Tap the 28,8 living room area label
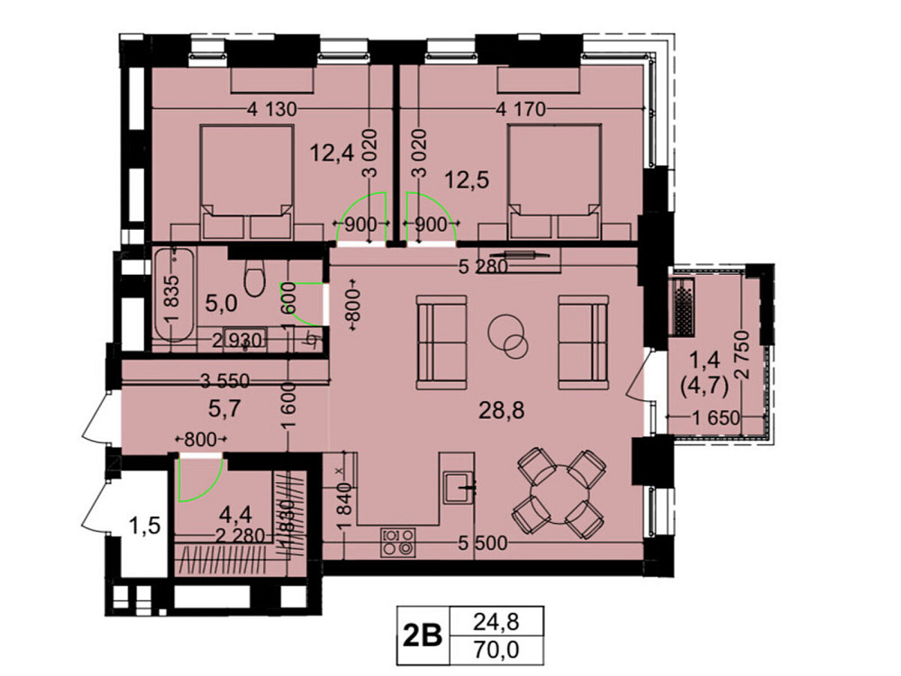pos(500,411)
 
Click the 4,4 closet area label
pos(237,515)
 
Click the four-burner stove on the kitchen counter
pos(399,540)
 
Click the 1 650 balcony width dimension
pos(718,416)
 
